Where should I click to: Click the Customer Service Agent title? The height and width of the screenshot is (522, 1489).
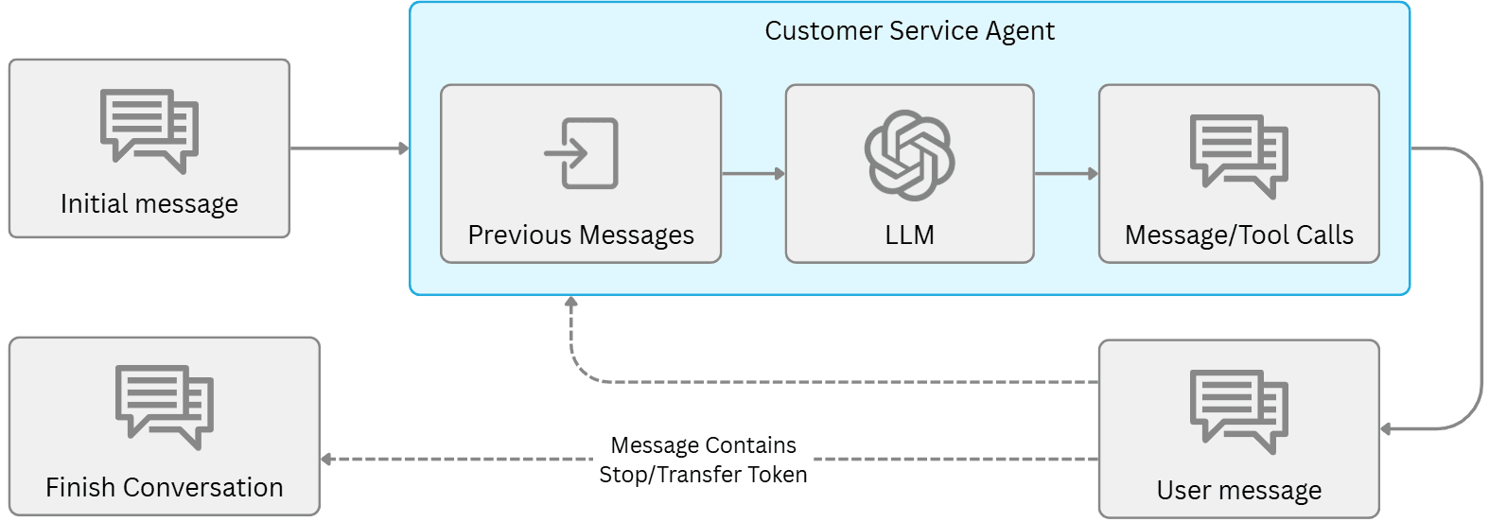click(909, 31)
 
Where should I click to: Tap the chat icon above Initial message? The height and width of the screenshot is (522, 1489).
click(149, 130)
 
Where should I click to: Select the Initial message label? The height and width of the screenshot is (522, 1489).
click(149, 204)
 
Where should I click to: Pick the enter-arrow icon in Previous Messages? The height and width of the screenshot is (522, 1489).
click(581, 153)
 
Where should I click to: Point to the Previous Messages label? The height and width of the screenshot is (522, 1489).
click(581, 235)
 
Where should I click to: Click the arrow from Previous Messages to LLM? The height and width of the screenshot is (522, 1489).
click(753, 174)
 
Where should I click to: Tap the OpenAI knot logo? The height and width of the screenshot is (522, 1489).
click(909, 155)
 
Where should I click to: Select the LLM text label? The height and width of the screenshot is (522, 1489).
click(909, 235)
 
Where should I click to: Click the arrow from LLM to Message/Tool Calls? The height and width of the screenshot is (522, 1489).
click(1066, 174)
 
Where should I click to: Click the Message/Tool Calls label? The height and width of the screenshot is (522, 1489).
click(1238, 235)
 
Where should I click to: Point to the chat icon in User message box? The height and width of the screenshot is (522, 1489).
click(1238, 410)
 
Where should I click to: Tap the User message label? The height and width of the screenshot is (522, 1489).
click(1238, 491)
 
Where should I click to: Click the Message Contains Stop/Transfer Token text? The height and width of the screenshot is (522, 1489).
click(703, 460)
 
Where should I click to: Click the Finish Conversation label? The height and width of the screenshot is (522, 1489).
click(165, 487)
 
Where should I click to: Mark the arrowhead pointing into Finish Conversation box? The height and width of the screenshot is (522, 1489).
click(326, 460)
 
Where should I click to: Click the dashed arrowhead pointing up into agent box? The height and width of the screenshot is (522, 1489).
click(571, 303)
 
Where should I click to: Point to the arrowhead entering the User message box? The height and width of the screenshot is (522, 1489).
click(1386, 429)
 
